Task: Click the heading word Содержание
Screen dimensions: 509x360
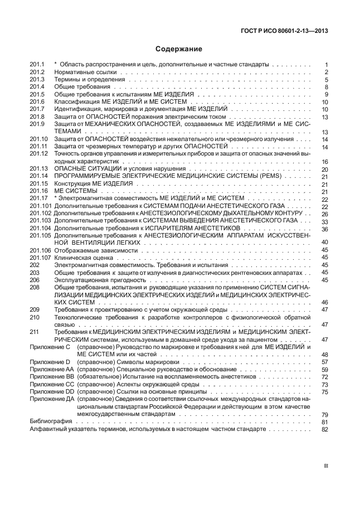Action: [179, 49]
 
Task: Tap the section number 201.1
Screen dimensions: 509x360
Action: [37, 65]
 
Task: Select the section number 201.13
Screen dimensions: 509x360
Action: [39, 168]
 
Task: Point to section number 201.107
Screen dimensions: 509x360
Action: [41, 258]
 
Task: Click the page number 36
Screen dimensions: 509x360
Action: [324, 229]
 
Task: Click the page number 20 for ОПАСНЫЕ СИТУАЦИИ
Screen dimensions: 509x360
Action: [324, 168]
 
